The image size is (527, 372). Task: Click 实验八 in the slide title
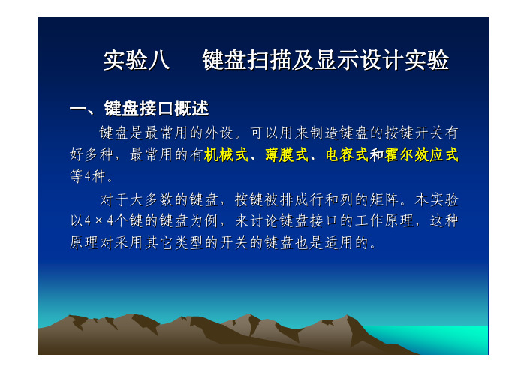137,61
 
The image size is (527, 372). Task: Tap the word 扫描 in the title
269,61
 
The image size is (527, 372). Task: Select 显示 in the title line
336,61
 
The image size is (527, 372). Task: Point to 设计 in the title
381,61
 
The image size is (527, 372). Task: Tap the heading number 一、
83,109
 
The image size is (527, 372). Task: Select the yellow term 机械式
226,154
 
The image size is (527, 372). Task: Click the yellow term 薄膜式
286,154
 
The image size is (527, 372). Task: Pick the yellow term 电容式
347,154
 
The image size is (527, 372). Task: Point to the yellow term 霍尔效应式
421,154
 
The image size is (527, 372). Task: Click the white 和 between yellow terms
377,154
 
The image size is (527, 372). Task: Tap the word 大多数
152,199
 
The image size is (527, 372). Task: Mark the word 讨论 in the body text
263,220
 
